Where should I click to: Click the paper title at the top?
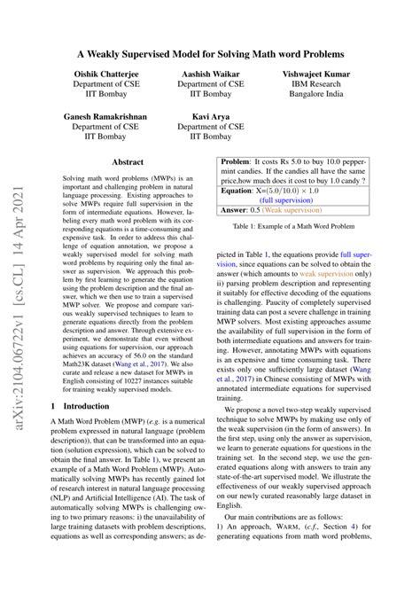210,55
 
